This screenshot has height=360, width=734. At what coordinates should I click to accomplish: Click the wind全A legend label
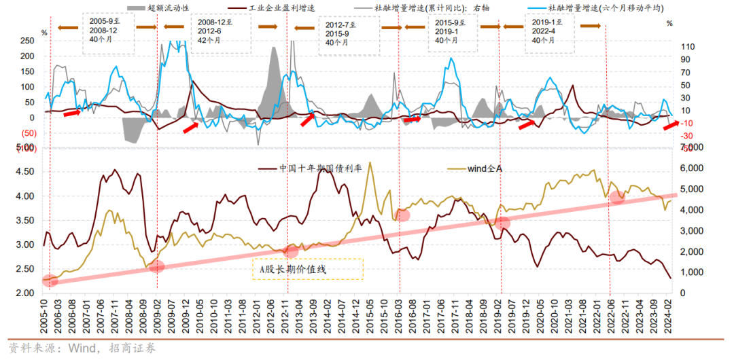click(483, 168)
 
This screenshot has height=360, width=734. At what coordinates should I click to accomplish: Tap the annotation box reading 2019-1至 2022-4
click(550, 31)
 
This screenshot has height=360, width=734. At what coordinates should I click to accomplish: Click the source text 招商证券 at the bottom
click(133, 348)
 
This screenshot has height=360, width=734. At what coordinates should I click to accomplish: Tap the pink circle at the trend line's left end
click(50, 280)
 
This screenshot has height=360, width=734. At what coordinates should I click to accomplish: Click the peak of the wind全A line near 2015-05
click(370, 162)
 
